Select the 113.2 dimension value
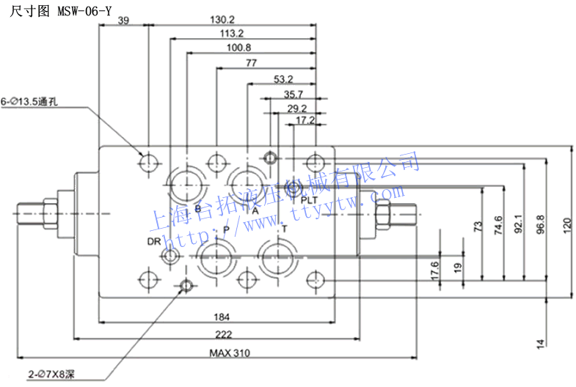point(232,34)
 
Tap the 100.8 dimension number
point(239,48)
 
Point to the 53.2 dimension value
point(283,78)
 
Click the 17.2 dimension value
point(305,119)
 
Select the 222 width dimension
point(224,334)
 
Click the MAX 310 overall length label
point(229,353)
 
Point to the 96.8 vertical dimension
point(541,224)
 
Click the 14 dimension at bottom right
point(541,342)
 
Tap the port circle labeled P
point(216,257)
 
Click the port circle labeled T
point(277,257)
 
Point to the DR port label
point(153,241)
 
